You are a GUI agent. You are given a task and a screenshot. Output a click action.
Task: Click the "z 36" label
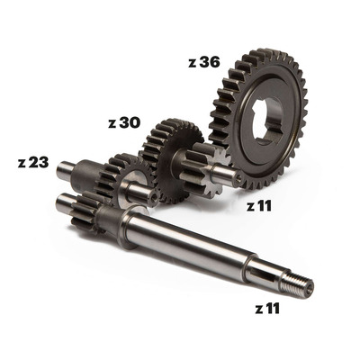(x=204, y=62)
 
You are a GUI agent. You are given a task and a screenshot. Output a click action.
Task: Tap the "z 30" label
(x=124, y=122)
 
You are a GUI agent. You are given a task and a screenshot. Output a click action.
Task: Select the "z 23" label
(x=33, y=162)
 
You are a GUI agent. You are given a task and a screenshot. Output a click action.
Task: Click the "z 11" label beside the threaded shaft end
(x=267, y=308)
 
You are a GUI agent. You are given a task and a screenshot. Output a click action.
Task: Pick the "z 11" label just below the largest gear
(x=259, y=206)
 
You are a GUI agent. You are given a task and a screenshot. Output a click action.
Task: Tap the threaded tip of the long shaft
(x=296, y=284)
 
